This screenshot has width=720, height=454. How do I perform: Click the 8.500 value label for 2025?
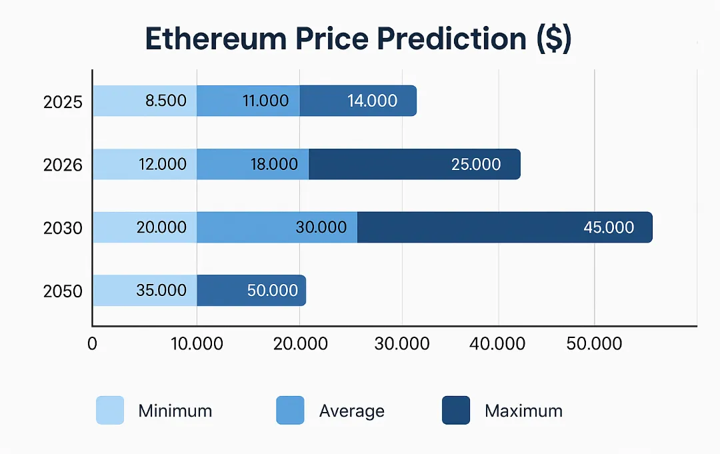(x=165, y=101)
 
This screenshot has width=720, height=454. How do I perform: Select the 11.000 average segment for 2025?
(x=248, y=101)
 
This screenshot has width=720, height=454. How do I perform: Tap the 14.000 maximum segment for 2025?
(x=359, y=101)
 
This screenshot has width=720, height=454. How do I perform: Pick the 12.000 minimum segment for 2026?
(x=145, y=164)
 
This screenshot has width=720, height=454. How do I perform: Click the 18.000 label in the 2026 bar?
(x=274, y=164)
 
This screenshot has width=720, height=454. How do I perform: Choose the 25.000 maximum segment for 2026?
(x=414, y=164)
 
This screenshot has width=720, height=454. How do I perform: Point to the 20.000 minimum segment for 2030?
(x=145, y=227)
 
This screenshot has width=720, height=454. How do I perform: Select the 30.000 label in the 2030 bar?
(x=321, y=227)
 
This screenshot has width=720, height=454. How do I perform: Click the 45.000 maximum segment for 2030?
(x=505, y=227)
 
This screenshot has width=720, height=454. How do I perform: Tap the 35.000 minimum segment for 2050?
(x=145, y=291)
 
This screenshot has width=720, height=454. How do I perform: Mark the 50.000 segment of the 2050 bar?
(x=251, y=291)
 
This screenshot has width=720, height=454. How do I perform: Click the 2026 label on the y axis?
(x=63, y=165)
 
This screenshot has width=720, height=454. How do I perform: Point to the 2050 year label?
(x=63, y=292)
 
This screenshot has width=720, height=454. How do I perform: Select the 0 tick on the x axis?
(x=93, y=344)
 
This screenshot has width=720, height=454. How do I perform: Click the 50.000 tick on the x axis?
(x=594, y=344)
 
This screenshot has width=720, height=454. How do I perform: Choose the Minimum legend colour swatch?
(x=110, y=411)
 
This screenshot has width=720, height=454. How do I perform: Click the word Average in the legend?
(x=351, y=411)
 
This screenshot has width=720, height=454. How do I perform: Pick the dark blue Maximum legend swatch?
(x=456, y=411)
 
